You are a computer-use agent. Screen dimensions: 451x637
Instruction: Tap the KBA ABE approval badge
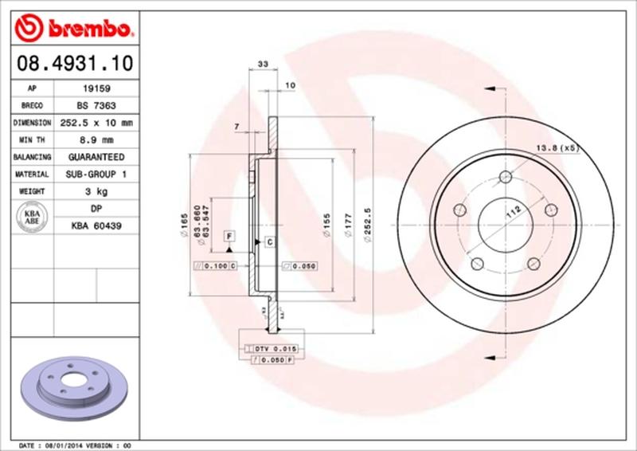[33, 218]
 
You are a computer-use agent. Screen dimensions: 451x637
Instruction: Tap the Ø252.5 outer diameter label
[369, 226]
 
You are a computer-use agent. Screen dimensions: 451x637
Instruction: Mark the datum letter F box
[229, 236]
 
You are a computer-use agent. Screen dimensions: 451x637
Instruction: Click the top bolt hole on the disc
[504, 178]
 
